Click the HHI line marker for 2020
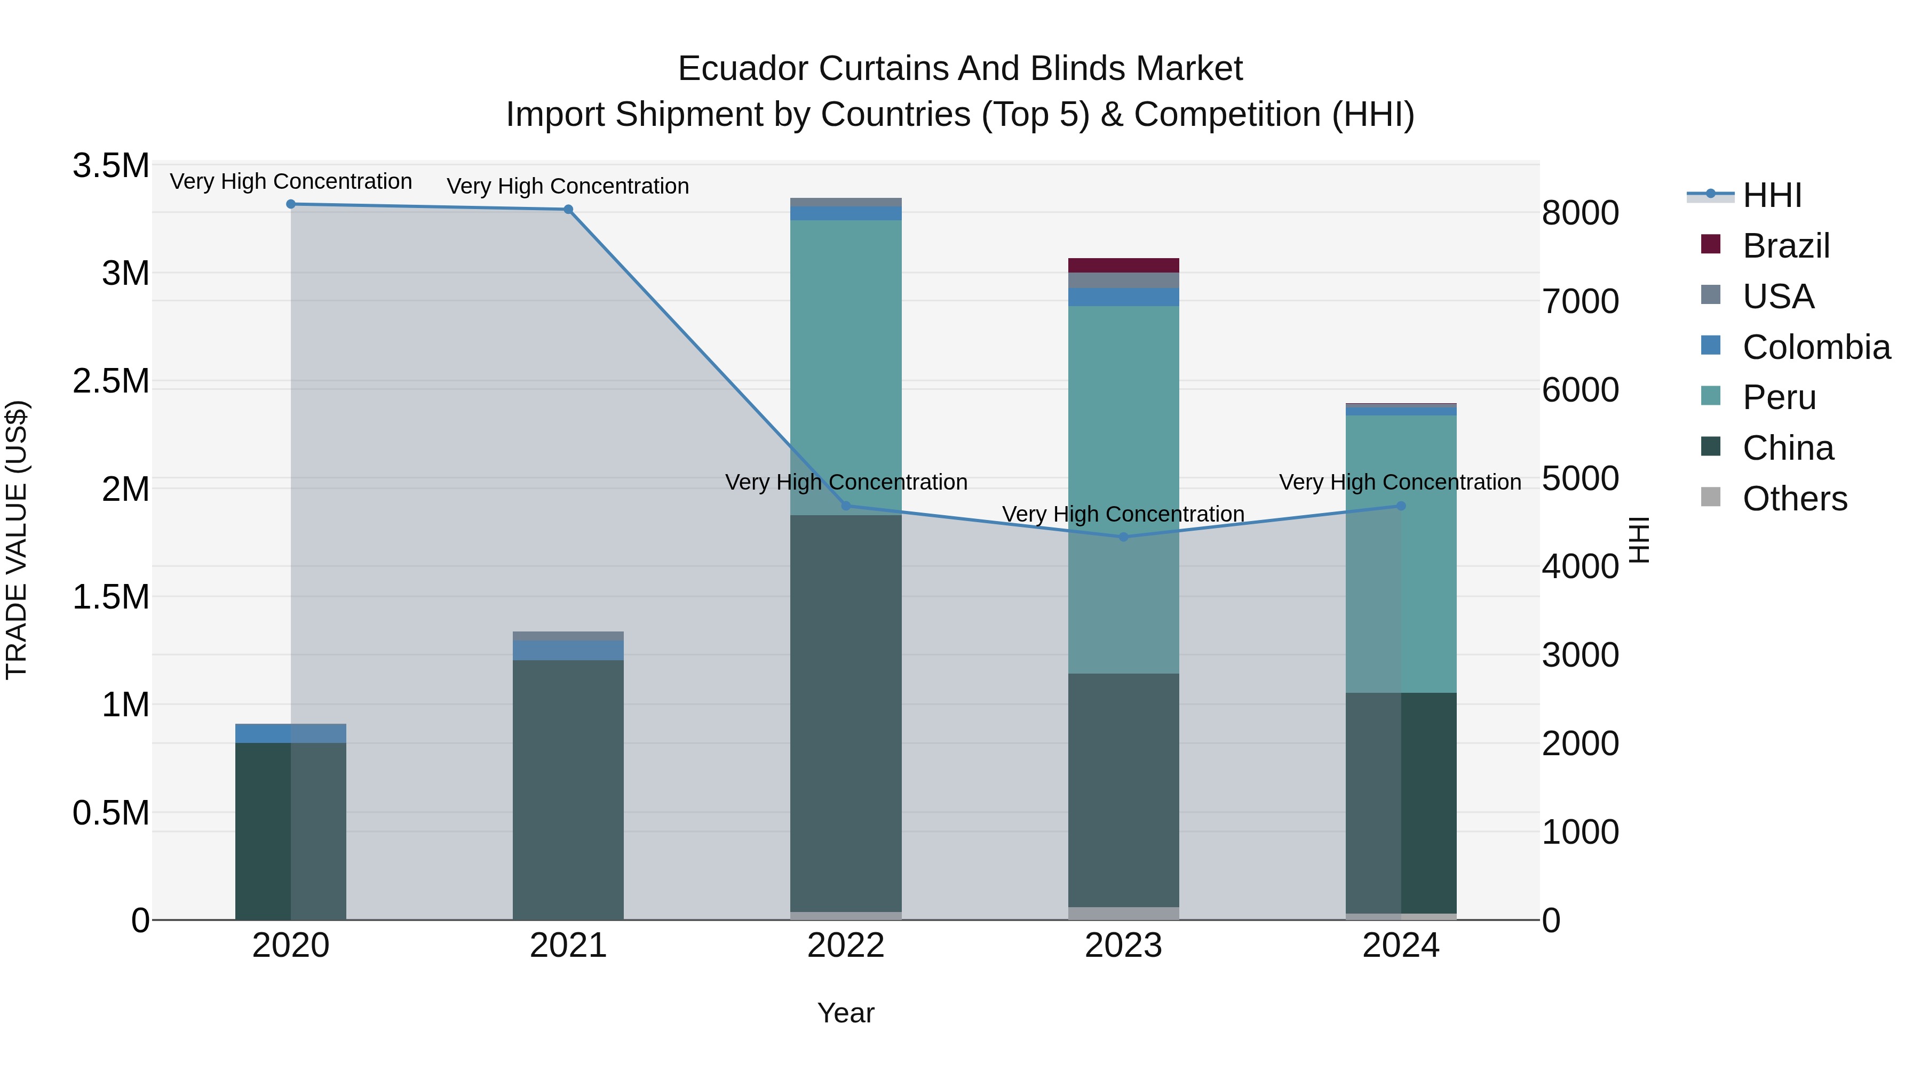point(291,204)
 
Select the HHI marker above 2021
point(568,210)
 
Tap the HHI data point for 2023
point(1124,537)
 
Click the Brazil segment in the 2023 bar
point(1124,266)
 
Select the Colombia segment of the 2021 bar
point(568,650)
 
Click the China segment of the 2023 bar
point(1124,790)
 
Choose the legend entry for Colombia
point(1815,347)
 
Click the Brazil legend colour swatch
point(1711,244)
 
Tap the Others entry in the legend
point(1794,499)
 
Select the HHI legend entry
point(1771,195)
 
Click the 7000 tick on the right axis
point(1579,301)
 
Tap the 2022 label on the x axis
point(846,946)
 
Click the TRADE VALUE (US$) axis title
point(17,540)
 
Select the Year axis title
point(846,1013)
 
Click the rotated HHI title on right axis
point(1638,540)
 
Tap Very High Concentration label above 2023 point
point(1123,514)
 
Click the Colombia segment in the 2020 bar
point(291,733)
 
